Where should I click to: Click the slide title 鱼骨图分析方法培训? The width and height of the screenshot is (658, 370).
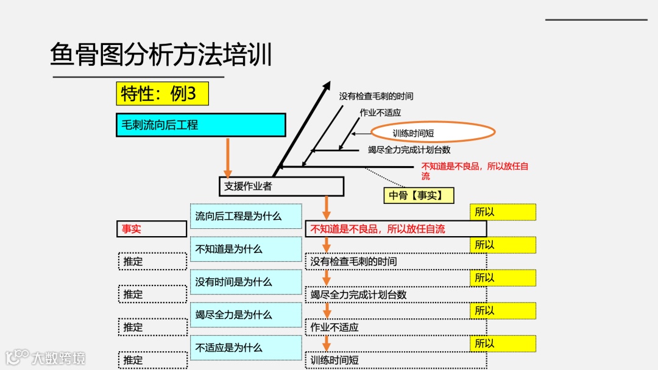point(161,55)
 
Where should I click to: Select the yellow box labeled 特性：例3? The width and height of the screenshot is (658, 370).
point(162,94)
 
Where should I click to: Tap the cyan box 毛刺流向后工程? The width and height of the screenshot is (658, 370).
point(200,125)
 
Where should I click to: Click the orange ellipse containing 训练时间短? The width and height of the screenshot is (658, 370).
point(433,133)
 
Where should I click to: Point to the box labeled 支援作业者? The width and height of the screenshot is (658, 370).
point(281,186)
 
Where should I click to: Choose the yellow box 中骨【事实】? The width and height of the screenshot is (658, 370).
point(419,195)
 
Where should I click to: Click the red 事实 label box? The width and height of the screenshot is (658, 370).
point(151,229)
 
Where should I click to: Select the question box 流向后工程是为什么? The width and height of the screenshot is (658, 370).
point(246,216)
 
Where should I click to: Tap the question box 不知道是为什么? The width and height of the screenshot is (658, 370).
point(246,249)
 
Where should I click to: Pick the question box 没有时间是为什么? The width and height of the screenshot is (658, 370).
point(246,282)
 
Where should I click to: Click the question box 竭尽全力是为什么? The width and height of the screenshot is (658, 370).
point(246,315)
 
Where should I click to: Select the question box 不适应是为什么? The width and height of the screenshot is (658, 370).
point(246,347)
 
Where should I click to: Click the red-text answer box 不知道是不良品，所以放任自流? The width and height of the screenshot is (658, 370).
point(395,229)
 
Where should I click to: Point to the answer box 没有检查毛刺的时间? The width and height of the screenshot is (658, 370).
point(395,262)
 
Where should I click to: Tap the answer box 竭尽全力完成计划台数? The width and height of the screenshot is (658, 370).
point(395,295)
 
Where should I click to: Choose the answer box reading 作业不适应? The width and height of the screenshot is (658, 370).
point(395,327)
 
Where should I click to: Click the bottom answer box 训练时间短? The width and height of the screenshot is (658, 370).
point(395,360)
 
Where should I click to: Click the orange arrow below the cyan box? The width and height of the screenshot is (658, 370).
point(228,157)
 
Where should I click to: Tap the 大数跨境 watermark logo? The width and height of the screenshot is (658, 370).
point(46,357)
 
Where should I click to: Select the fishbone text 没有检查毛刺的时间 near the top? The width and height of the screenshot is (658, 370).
point(376,96)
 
